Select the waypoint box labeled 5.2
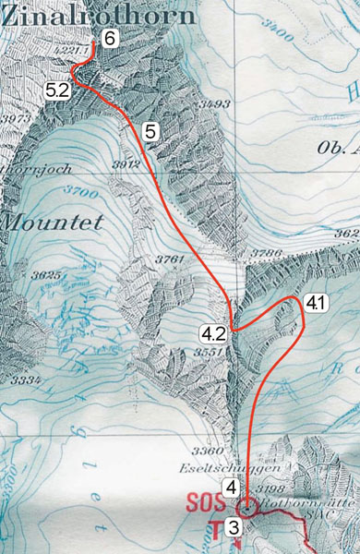(56, 90)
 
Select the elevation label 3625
(44, 275)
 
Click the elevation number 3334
(26, 380)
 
